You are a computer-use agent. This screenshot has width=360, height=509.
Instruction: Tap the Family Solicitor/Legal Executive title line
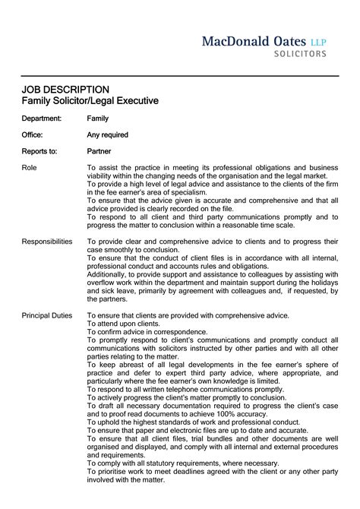point(90,100)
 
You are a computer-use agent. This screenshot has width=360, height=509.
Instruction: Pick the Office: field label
point(33,134)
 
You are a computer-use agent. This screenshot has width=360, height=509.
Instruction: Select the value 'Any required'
point(107,134)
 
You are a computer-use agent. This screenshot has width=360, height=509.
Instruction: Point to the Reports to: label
point(39,150)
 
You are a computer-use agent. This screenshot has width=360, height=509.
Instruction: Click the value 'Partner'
point(99,150)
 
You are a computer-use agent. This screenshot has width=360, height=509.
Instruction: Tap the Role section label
point(30,166)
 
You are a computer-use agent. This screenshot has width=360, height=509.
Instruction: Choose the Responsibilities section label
point(47,241)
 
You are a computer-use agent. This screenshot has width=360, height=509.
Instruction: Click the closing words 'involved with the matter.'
point(126,479)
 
